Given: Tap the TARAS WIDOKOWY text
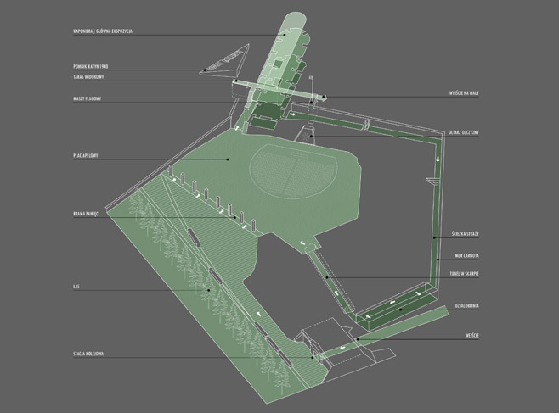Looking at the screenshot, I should tap(91, 76).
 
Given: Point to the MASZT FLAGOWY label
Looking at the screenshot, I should tap(88, 99).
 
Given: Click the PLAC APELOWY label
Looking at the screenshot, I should tap(87, 156).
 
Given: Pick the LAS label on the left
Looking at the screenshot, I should tap(76, 287).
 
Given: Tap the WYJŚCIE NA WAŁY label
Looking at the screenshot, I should tap(464, 94).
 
